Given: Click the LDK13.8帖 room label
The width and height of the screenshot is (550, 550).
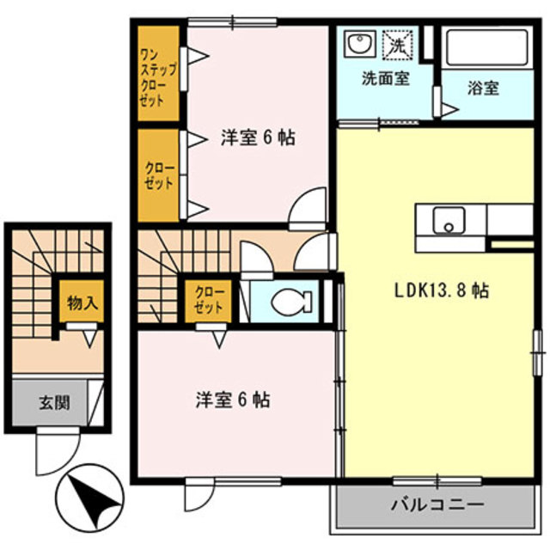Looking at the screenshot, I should coord(442,291).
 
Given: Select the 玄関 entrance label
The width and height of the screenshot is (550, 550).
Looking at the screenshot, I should coord(53,401).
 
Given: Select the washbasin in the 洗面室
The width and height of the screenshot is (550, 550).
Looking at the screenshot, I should coord(358,43).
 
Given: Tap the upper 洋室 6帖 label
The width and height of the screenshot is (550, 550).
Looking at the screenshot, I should coord(257,137).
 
